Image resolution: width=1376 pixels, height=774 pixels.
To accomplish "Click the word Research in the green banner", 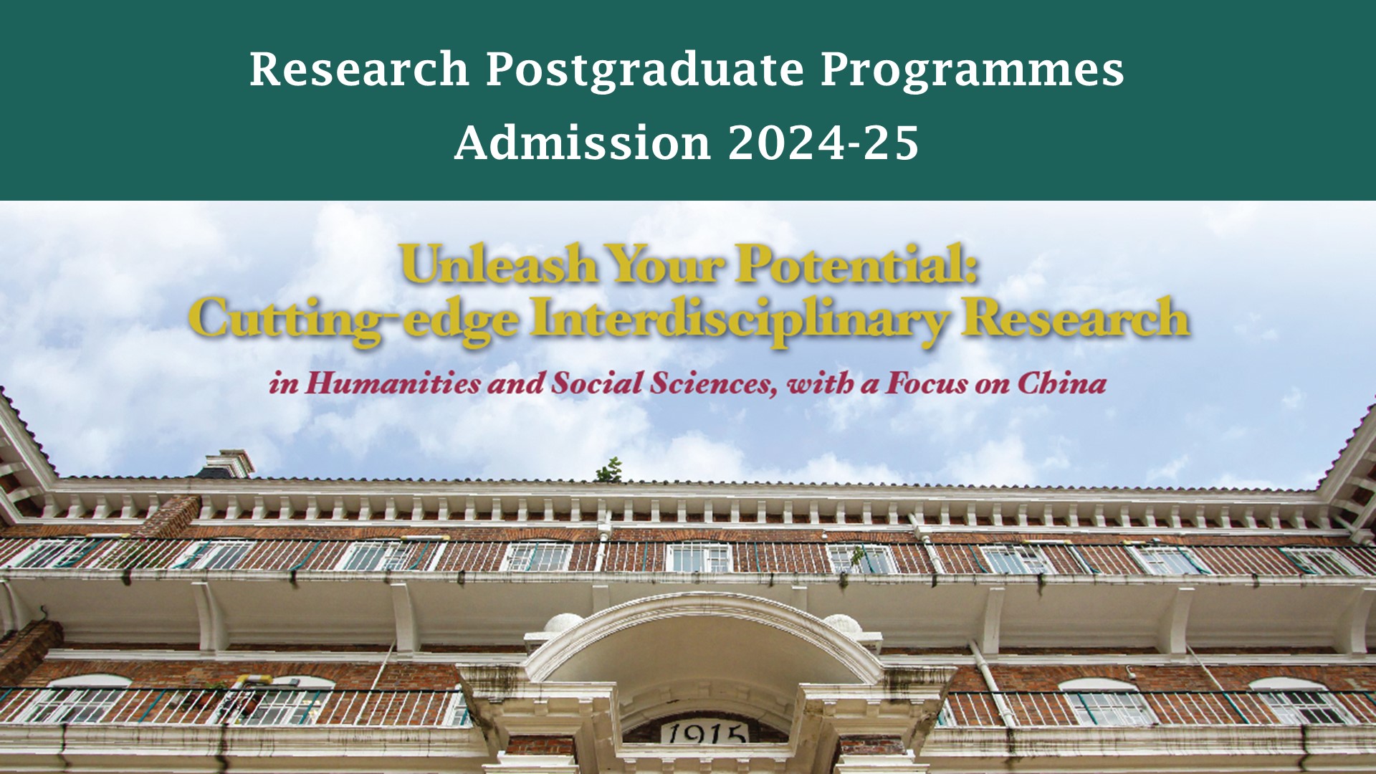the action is tap(359, 70).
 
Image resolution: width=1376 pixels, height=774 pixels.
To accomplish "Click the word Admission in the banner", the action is tap(583, 142).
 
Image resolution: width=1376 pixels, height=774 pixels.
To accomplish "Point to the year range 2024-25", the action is tap(823, 142).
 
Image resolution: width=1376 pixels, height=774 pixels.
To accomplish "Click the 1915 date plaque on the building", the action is tap(704, 732).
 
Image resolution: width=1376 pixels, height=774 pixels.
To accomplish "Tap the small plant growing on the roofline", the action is tap(610, 470).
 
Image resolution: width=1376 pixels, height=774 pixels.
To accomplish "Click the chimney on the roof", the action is tap(226, 464).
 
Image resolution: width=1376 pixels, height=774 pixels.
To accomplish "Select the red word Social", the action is tap(597, 383).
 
